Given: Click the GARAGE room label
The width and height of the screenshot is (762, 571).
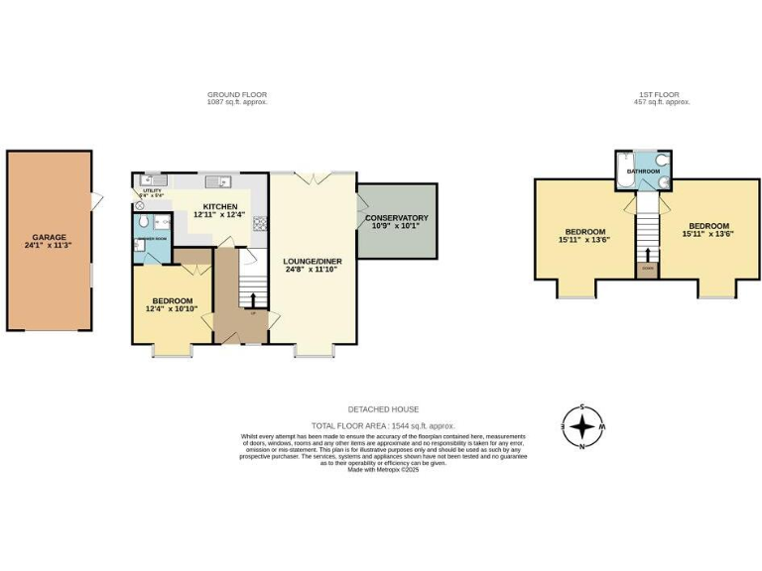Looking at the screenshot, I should [49, 237].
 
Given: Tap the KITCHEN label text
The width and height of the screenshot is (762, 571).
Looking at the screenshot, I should [220, 206].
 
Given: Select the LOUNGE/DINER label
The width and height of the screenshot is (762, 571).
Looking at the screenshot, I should [312, 261].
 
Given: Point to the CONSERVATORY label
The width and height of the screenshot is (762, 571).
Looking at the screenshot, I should [396, 217].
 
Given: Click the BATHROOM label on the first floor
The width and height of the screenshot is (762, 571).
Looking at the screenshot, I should [642, 171].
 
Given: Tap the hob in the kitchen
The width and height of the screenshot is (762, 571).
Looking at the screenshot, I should [260, 223].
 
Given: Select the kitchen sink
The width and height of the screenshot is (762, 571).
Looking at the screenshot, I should [223, 181].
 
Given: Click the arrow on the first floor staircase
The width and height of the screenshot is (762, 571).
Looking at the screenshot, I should [648, 254].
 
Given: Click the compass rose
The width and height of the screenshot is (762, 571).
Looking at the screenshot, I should [582, 427].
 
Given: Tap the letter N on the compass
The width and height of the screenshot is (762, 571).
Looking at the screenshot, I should [582, 447].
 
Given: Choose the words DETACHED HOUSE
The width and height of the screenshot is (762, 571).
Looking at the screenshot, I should [383, 408].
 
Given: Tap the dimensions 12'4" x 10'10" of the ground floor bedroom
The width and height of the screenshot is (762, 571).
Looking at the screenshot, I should [173, 309].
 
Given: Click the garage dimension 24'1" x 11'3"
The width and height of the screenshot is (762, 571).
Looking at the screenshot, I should [49, 245].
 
